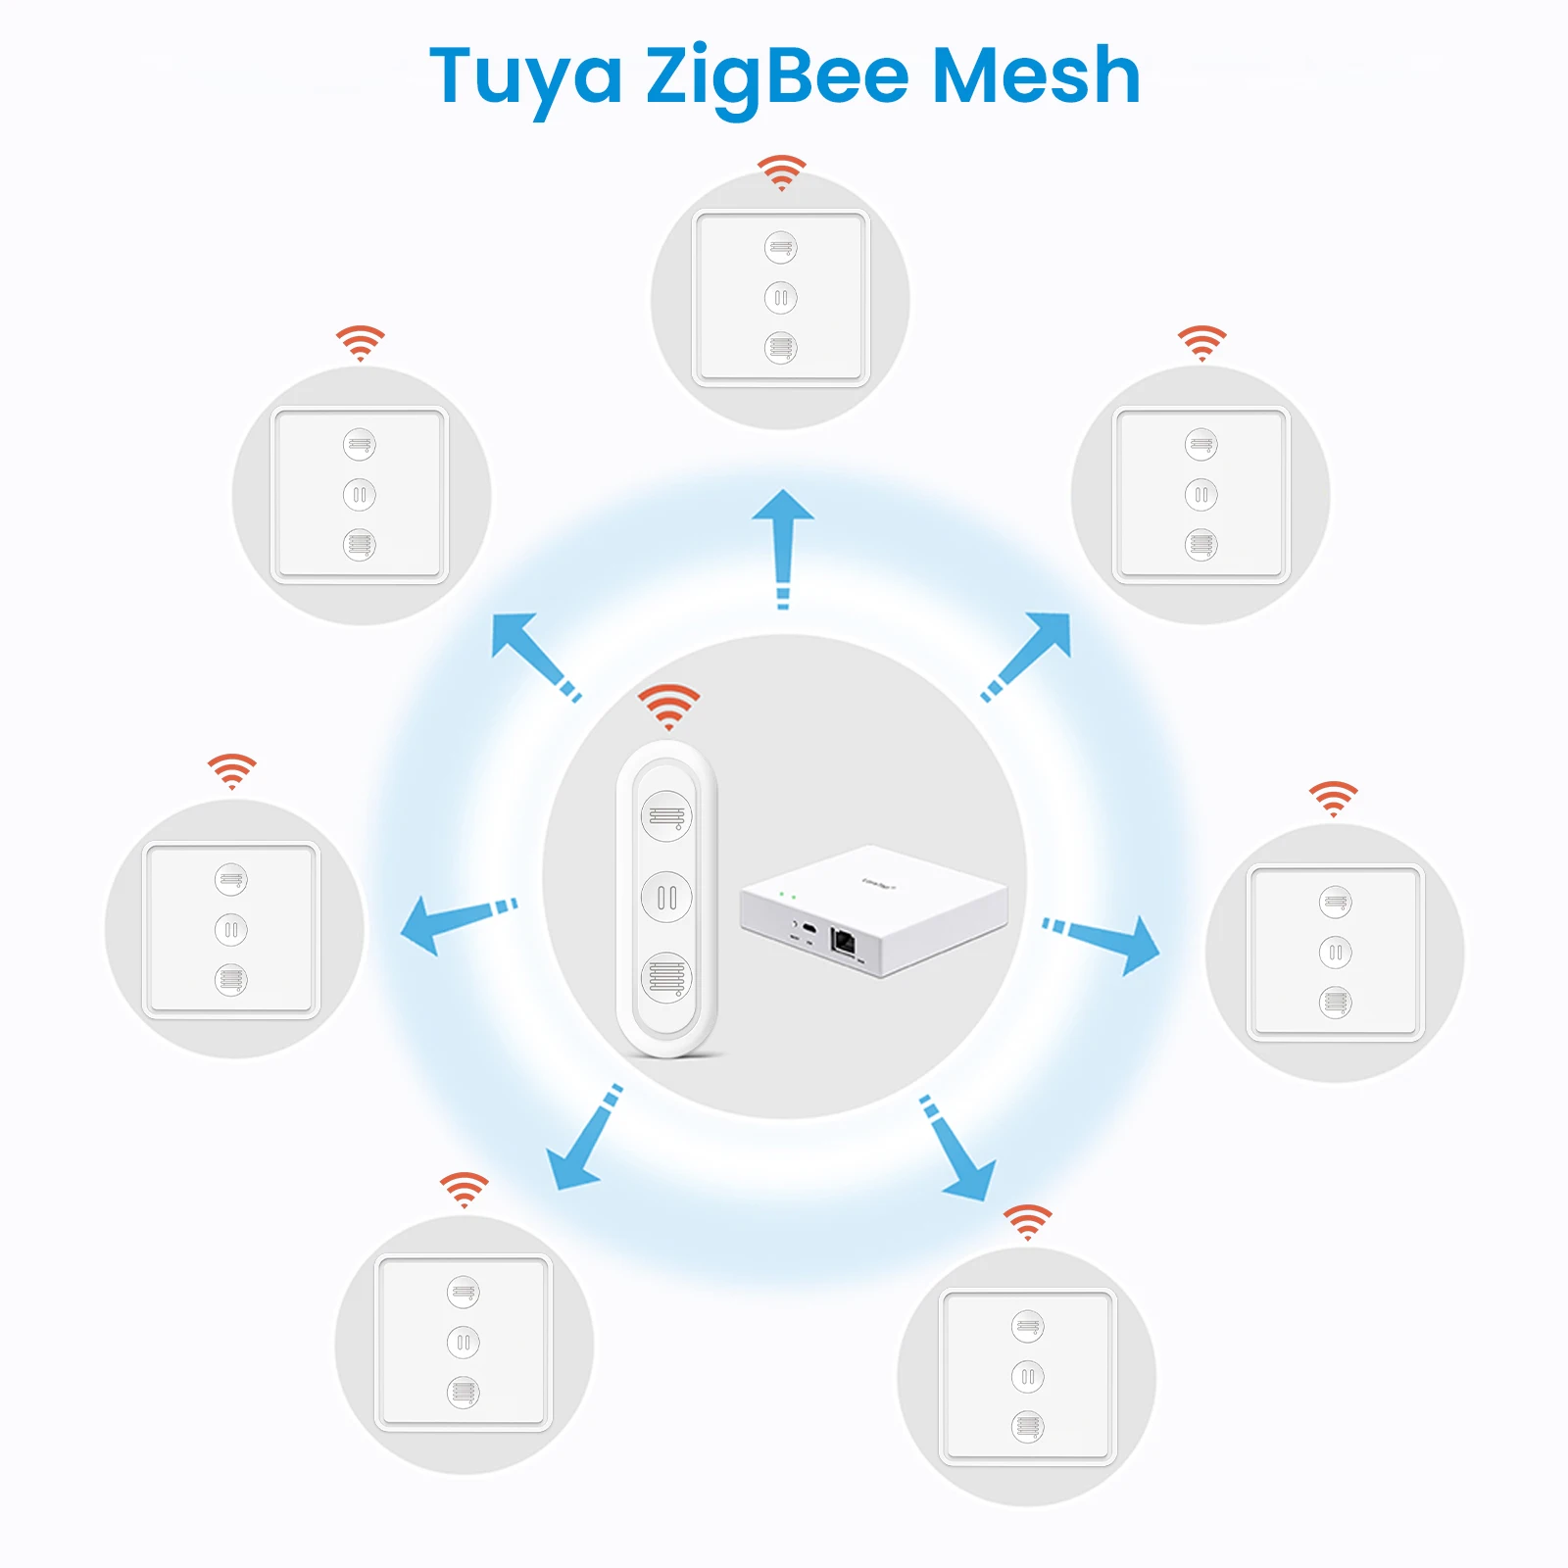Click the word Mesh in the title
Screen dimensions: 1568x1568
(x=1036, y=76)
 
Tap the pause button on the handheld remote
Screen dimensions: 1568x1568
(x=666, y=897)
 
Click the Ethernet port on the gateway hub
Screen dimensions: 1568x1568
(x=843, y=942)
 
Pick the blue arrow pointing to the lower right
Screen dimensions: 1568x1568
(x=959, y=1152)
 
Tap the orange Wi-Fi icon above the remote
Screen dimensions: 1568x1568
(x=668, y=706)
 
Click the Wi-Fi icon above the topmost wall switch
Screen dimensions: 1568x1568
(x=781, y=172)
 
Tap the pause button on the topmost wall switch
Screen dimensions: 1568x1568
(x=781, y=298)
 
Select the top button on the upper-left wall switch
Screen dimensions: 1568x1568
(x=360, y=445)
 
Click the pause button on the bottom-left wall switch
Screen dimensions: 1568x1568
(x=464, y=1343)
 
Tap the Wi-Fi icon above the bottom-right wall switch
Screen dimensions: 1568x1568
(x=1027, y=1222)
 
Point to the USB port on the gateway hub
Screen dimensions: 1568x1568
(x=808, y=926)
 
